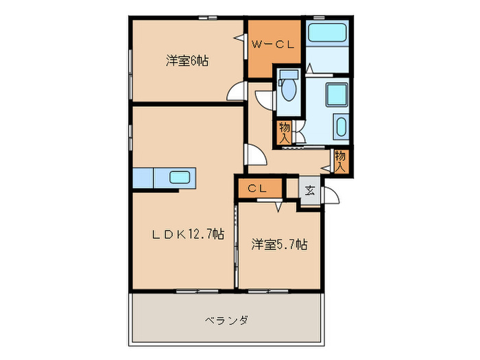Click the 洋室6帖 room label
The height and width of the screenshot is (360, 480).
click(187, 61)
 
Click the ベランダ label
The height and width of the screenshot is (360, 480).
click(226, 320)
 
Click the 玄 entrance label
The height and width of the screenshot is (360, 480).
click(309, 190)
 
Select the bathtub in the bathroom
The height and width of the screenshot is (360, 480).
click(326, 33)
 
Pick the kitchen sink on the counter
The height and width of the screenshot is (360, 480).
click(183, 178)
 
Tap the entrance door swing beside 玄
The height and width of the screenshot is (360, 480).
click(330, 194)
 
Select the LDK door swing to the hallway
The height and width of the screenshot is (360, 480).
click(254, 156)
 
